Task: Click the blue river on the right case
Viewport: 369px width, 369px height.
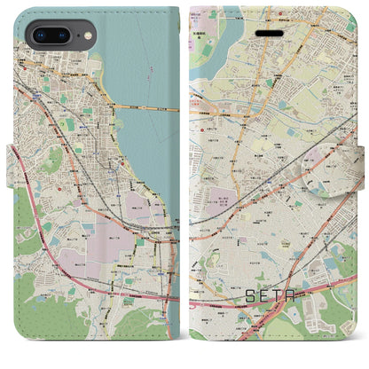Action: pyautogui.click(x=213, y=40)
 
